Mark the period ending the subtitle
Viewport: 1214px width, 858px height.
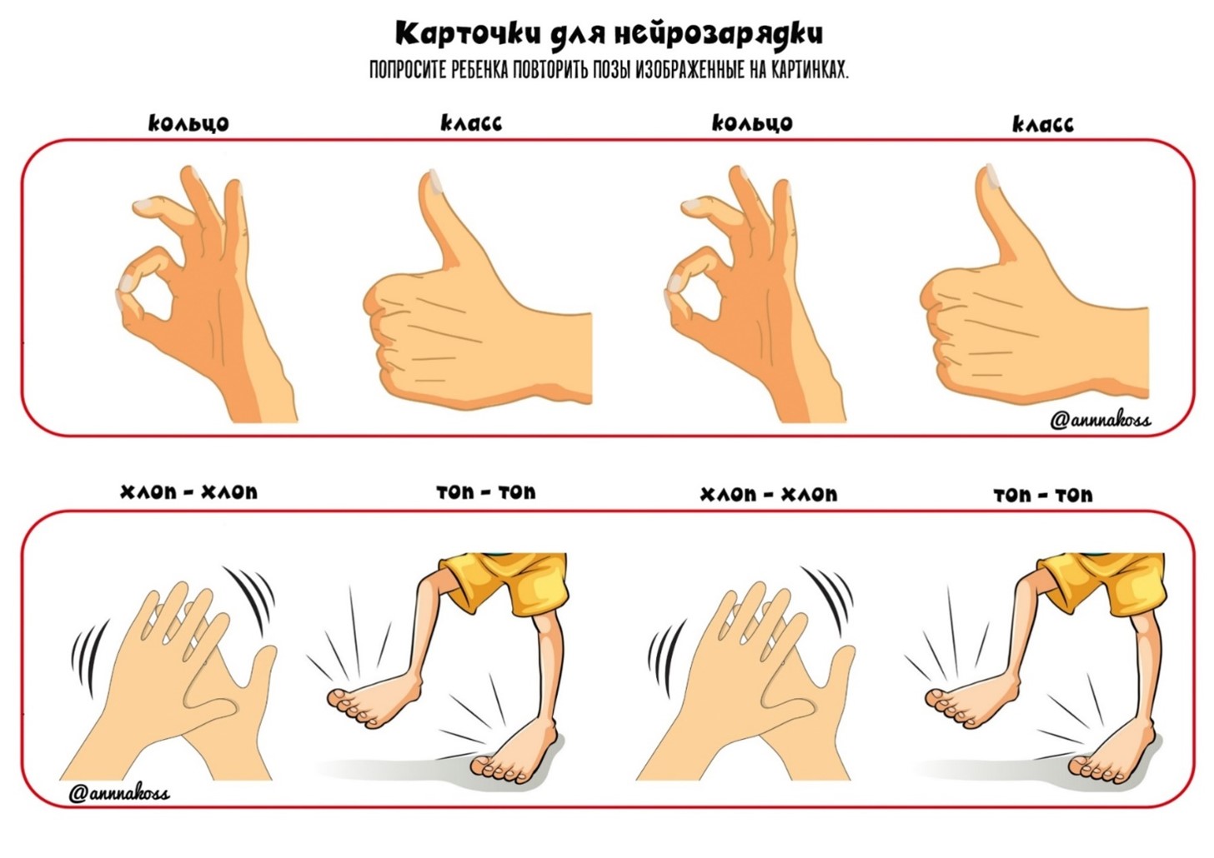(847, 77)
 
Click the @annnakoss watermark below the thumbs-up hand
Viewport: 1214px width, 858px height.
(1100, 420)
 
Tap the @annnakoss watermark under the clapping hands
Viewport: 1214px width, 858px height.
(118, 793)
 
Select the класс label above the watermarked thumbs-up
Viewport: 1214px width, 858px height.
(1042, 124)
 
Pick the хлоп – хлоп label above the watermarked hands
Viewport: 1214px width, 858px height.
(188, 492)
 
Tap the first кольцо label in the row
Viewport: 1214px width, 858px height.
(188, 123)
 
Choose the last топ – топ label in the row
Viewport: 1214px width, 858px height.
(1043, 496)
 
